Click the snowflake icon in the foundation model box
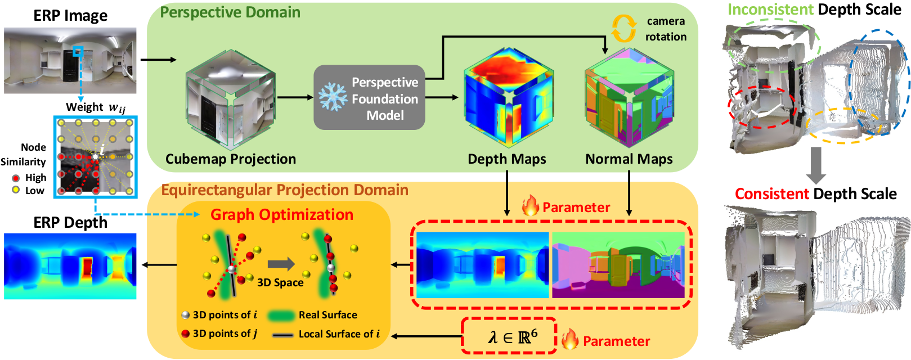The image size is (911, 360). point(333,97)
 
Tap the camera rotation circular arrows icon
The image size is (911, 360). point(623,28)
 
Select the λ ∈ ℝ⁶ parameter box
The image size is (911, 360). point(509,336)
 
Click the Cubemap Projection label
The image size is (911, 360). point(230,159)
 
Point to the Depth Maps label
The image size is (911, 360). point(506,159)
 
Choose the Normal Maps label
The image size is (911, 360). point(629,159)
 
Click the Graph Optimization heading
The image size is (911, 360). point(282,215)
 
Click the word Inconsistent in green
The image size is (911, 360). point(770,9)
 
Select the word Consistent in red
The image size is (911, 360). point(772,194)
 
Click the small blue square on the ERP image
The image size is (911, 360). point(78,52)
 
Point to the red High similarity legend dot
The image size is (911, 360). point(16,178)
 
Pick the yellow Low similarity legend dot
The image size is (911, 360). point(16,190)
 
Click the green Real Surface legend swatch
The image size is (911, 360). point(281,316)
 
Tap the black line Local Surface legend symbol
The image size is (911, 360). point(282,335)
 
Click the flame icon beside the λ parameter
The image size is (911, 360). point(569,339)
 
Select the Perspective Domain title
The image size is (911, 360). point(230,12)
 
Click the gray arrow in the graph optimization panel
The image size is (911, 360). point(281,264)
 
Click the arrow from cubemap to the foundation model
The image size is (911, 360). point(295,97)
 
